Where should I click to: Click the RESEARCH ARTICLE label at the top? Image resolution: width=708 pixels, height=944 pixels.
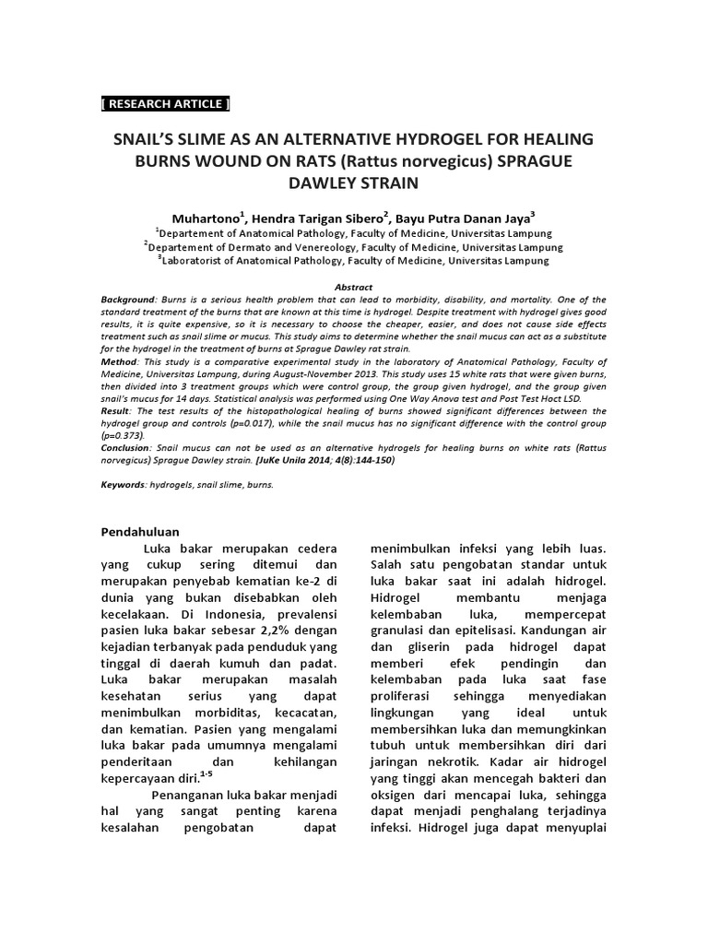point(165,103)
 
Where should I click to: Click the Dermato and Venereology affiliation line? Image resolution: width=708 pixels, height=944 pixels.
point(354,247)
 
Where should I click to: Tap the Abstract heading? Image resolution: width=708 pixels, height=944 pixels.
point(353,288)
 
